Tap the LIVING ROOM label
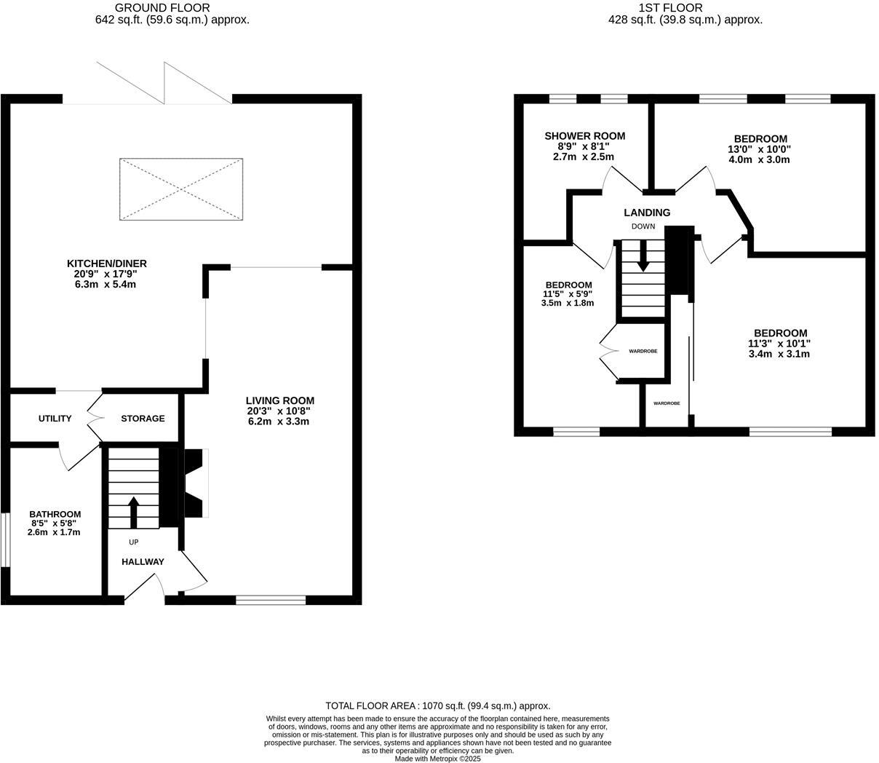pos(279,400)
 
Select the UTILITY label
pos(55,419)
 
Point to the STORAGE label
pos(143,419)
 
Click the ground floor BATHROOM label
pos(55,514)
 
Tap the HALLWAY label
pos(143,561)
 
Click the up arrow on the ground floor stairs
pos(133,512)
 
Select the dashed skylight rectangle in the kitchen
pos(180,189)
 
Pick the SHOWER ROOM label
pos(584,136)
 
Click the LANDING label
pos(647,213)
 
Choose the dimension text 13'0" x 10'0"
pos(760,149)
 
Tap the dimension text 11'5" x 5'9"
pos(568,294)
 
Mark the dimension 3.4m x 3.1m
pos(779,354)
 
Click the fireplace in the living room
pos(194,483)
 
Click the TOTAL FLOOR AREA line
pos(437,705)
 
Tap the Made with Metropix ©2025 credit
pos(437,758)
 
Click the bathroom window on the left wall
pos(4,539)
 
